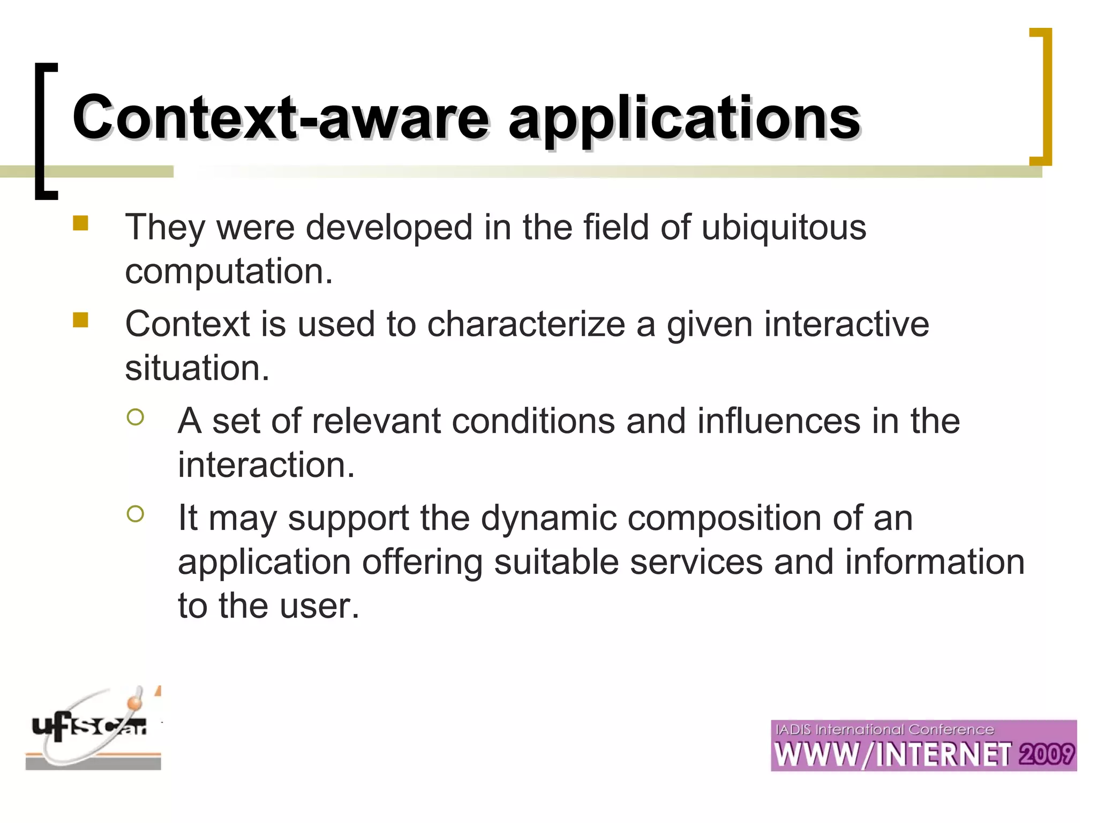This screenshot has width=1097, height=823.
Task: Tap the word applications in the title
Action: (684, 119)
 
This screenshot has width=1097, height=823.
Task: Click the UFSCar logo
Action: (93, 729)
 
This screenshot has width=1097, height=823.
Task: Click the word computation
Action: (229, 271)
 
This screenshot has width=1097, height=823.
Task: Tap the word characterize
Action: (526, 325)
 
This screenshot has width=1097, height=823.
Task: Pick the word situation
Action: (197, 369)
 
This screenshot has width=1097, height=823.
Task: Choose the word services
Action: (696, 563)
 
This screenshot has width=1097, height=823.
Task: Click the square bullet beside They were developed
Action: (81, 223)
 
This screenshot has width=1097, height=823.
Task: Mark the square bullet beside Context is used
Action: (81, 320)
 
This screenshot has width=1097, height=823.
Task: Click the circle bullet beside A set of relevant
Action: (136, 417)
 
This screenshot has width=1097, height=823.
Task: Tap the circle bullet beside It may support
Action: (136, 514)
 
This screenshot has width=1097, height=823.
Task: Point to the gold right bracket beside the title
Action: (1042, 96)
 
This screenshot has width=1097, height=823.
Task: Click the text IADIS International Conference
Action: (884, 730)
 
